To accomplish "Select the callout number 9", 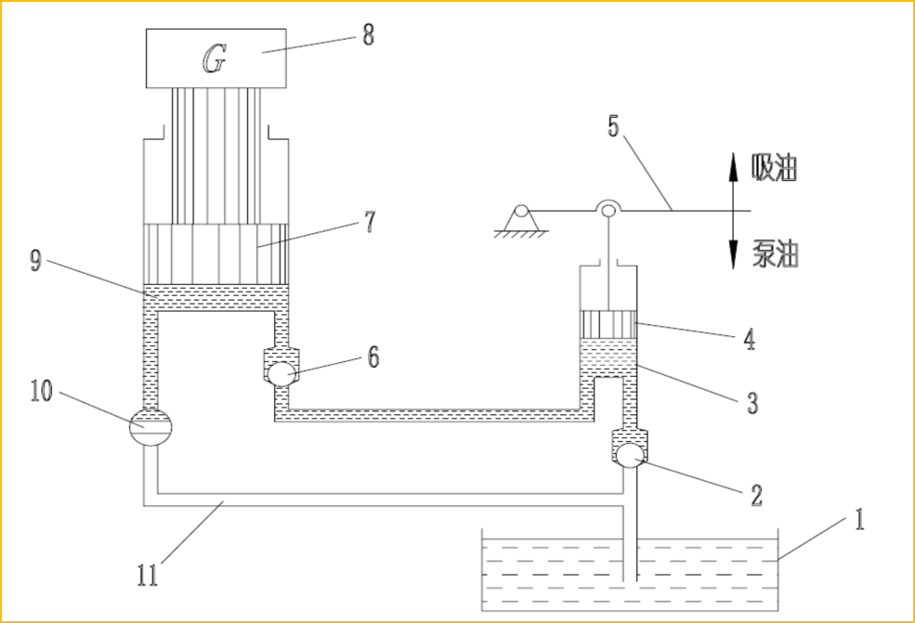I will [x=35, y=261].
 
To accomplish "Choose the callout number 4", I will [x=750, y=340].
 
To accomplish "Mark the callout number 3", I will [x=751, y=403].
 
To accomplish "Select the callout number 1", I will [x=859, y=518].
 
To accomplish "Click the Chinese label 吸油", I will [x=775, y=169].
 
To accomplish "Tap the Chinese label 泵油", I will [x=775, y=255].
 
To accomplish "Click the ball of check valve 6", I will [x=281, y=373].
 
